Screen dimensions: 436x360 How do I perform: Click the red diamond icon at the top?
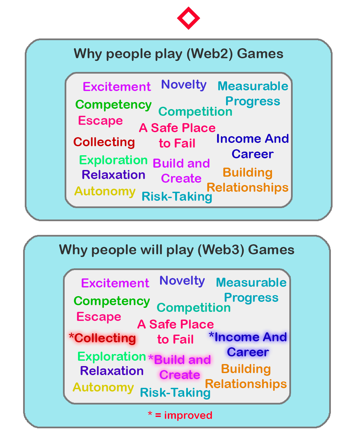[189, 18]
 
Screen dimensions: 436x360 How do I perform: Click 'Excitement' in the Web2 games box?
[117, 87]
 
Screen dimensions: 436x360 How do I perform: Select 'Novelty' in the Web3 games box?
[182, 280]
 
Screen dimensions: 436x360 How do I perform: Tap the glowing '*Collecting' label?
[103, 338]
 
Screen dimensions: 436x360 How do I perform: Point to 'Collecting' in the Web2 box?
[104, 142]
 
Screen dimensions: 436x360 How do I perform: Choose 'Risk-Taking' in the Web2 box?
[177, 196]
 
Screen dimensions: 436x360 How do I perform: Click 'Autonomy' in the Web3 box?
[103, 387]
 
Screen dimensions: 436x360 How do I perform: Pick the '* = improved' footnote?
[180, 415]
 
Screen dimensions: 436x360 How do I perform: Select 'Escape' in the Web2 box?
[100, 120]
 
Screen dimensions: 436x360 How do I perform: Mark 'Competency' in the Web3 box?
[112, 301]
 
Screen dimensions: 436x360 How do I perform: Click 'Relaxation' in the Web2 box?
[114, 175]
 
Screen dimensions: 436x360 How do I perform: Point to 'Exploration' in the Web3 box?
[112, 356]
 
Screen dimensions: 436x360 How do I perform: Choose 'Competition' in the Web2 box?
[195, 111]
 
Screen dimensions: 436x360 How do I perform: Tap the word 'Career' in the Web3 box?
[248, 352]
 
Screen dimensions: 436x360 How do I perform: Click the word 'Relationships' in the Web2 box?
[247, 187]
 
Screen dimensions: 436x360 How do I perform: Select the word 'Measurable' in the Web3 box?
[251, 282]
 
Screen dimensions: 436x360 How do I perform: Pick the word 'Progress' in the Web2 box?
[253, 101]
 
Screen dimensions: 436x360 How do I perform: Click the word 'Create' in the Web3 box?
[180, 375]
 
